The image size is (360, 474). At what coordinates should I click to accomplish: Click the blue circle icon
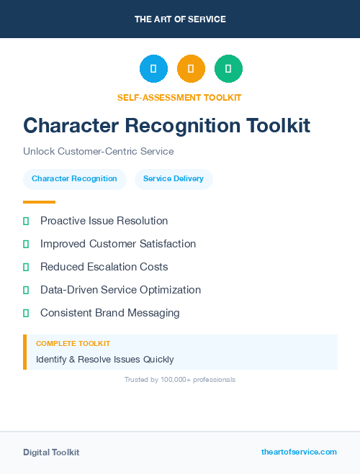click(x=153, y=69)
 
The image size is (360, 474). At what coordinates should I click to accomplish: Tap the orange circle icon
click(x=191, y=69)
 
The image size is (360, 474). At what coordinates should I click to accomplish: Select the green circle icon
click(x=228, y=69)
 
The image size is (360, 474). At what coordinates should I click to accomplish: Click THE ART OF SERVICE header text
click(x=180, y=19)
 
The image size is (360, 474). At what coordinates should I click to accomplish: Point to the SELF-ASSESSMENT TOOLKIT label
click(x=179, y=97)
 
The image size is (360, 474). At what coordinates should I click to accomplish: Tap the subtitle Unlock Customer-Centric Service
click(x=99, y=152)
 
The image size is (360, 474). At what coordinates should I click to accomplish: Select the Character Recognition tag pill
click(x=74, y=178)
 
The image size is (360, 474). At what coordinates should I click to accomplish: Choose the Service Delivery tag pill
click(x=174, y=178)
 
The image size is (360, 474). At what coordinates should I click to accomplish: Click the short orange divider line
click(x=39, y=202)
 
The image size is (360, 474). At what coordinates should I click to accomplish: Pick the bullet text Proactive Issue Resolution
click(x=104, y=221)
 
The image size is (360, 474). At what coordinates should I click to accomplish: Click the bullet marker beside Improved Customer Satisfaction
click(x=26, y=245)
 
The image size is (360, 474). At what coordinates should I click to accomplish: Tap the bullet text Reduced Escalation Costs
click(x=104, y=267)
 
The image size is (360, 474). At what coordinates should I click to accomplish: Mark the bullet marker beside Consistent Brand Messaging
click(x=26, y=314)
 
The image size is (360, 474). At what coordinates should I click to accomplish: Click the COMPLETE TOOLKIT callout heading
click(x=73, y=344)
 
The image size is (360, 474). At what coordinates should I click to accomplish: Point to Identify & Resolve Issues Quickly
click(x=105, y=359)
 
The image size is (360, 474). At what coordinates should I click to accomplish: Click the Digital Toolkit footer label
click(x=51, y=452)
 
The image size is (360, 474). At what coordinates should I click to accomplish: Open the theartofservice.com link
click(x=299, y=452)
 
